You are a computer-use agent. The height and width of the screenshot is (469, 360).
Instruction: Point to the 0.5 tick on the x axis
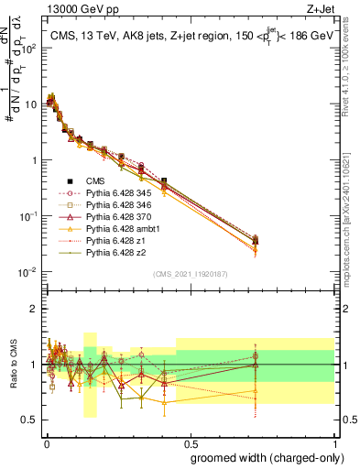click(190, 442)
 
